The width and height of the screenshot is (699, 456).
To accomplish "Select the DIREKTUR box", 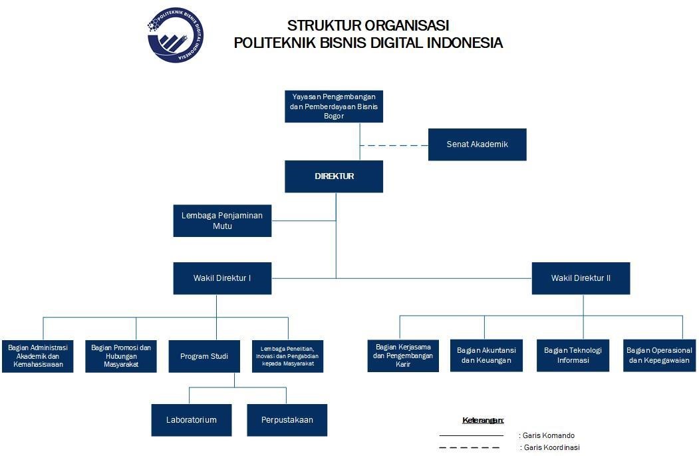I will coord(334,176).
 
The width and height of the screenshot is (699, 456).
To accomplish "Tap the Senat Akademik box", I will coord(477,144).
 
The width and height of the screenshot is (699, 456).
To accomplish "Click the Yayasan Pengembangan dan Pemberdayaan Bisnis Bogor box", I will coord(334,107).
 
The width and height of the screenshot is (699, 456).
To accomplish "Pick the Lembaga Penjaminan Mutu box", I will coord(222,220).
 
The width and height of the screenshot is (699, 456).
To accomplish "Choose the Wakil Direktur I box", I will coord(222,278).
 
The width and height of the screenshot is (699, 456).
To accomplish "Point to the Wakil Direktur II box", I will coord(581,278).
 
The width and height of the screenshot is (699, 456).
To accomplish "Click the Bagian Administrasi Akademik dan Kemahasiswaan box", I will coord(37,356).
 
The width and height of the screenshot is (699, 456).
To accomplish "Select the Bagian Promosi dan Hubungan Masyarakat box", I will coord(121,356).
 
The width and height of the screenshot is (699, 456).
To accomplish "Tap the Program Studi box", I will coord(204,356).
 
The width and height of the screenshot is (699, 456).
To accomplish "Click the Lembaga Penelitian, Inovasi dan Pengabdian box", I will coord(287,356).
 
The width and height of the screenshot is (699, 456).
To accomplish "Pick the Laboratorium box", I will coord(192,420).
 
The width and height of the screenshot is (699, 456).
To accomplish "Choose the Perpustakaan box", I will coord(287,420).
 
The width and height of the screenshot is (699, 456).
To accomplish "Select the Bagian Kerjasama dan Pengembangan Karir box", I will coord(403,355).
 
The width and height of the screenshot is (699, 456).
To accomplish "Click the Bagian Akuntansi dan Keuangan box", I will coord(486,355).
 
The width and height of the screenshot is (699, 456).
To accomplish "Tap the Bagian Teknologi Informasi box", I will coord(573,355).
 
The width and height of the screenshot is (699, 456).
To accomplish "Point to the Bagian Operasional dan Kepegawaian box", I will coord(659,355).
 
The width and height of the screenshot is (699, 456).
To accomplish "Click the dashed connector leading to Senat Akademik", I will coord(394,145).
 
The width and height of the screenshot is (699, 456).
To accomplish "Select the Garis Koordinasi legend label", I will coord(551,447).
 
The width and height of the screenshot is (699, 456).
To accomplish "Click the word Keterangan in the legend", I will coord(483,420).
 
